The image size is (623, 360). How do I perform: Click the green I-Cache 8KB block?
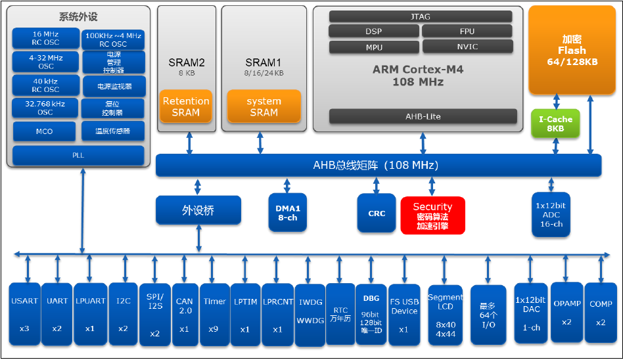point(555,124)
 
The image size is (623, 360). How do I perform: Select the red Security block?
point(432,215)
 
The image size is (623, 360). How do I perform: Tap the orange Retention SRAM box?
point(185,106)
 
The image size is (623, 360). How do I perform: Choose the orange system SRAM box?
point(264,106)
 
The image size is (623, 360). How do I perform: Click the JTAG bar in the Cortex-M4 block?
point(421,16)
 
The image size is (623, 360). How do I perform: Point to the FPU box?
point(467,31)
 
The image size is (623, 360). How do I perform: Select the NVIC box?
point(467,47)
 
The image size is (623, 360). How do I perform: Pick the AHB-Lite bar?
point(423,116)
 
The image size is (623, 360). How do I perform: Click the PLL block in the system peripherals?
point(78,155)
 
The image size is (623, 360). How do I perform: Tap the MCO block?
point(44,131)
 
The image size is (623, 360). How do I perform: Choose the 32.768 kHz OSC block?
point(45,108)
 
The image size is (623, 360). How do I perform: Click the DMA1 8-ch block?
point(288,213)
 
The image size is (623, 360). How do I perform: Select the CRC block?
point(377,214)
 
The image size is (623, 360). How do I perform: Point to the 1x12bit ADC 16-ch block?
point(551,215)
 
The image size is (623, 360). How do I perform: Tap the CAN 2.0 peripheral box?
point(184,315)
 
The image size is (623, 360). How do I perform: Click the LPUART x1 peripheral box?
point(90,314)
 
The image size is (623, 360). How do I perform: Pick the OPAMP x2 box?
point(567,312)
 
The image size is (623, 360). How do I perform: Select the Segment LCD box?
point(445,315)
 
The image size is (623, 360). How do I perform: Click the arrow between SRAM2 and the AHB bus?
point(189,143)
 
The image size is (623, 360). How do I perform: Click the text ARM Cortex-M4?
point(418,70)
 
